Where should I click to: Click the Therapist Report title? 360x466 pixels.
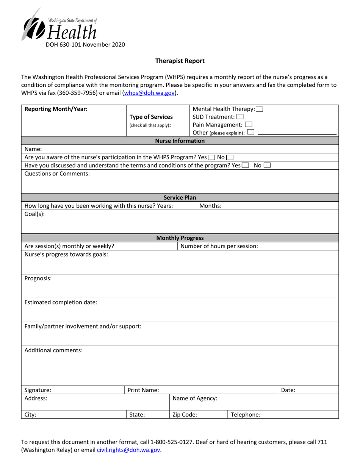pos(180,61)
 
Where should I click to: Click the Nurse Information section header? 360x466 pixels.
pos(180,141)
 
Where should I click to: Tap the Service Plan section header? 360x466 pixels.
pos(180,197)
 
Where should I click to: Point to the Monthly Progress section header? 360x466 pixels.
pos(180,238)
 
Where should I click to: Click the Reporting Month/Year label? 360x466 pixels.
pos(56,109)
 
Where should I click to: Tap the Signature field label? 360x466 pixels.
pos(38,390)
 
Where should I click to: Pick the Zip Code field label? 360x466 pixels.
pos(185,414)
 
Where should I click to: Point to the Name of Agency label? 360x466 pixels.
pos(195,399)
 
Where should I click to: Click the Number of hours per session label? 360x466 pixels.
pos(219,246)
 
